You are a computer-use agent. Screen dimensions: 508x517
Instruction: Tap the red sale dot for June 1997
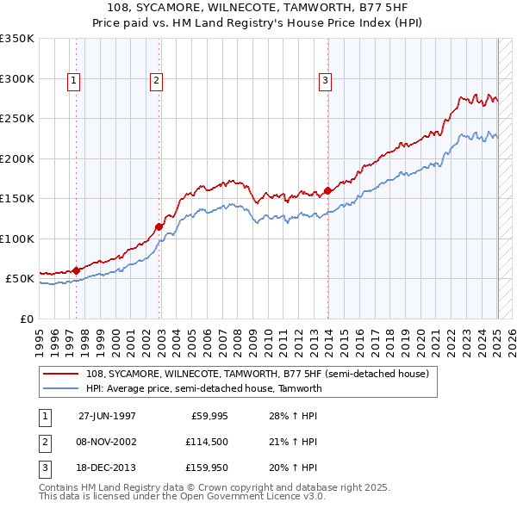(x=77, y=270)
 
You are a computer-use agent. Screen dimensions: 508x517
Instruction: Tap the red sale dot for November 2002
(x=159, y=227)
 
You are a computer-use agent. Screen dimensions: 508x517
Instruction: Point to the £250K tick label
(x=17, y=119)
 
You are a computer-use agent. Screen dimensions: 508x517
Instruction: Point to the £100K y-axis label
(x=17, y=239)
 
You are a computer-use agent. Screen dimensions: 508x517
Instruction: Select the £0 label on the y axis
(x=26, y=319)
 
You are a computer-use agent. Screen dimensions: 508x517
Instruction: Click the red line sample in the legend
(x=59, y=375)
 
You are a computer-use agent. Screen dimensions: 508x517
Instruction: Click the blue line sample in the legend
(x=59, y=388)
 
